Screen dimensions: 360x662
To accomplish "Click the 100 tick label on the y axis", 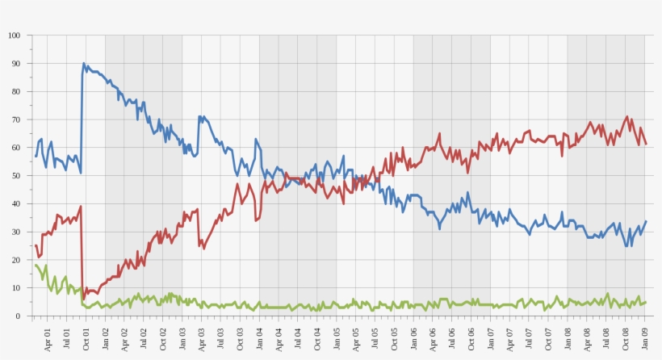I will [14, 36].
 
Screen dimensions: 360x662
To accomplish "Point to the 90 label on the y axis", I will [15, 64].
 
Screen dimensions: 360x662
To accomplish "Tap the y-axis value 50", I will [15, 176].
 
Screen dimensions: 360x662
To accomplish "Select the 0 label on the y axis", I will [18, 316].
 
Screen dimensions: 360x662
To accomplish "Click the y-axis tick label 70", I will [15, 119].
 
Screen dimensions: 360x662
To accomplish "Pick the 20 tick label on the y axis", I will [15, 260].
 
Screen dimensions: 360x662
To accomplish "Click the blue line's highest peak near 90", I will [83, 64].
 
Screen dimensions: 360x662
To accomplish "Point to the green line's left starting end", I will [36, 265].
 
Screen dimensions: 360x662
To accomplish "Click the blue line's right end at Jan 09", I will [646, 221].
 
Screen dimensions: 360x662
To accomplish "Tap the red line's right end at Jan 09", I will [646, 144].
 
